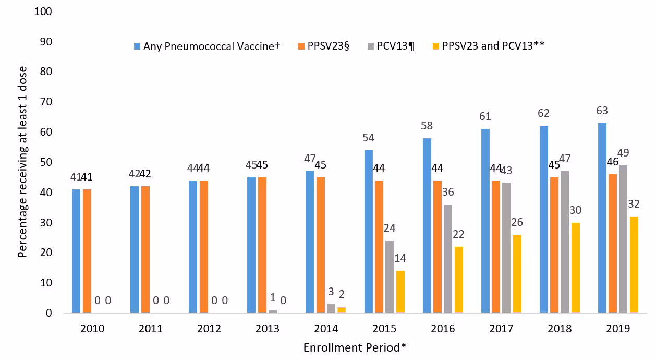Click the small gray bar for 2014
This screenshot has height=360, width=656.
(331, 308)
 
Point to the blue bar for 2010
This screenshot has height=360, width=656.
(76, 251)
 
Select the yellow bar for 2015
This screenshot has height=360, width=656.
(400, 292)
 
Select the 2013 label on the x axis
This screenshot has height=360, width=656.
(268, 329)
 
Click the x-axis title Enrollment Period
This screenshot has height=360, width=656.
(355, 347)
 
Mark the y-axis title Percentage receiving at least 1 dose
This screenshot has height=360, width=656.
(22, 162)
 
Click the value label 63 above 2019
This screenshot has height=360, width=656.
(602, 111)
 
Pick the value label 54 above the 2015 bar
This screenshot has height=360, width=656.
(368, 138)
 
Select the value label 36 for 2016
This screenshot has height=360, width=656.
(448, 192)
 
